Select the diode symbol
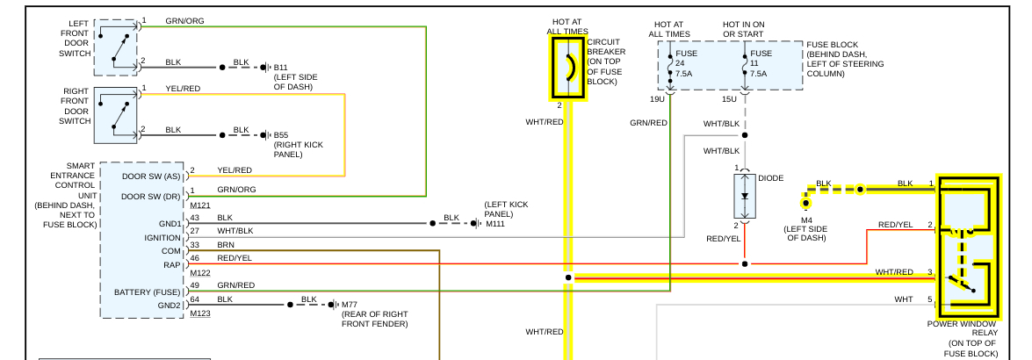[745, 196]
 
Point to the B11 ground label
[280, 67]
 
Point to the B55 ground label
[281, 135]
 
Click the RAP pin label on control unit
[171, 264]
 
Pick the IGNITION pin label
[162, 237]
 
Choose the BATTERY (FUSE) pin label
[148, 292]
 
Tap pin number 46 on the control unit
[195, 257]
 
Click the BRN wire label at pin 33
[226, 244]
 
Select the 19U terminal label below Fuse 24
[657, 99]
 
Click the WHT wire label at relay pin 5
[903, 299]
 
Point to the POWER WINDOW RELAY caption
[962, 324]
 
